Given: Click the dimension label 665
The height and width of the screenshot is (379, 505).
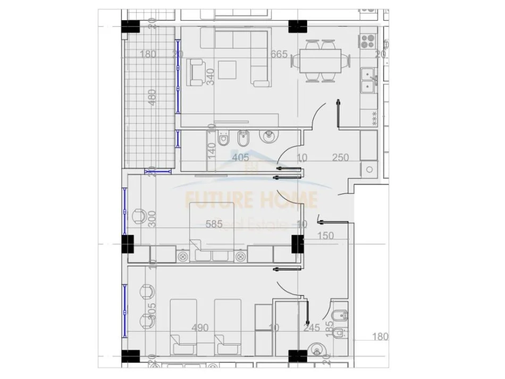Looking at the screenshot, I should [x=279, y=54].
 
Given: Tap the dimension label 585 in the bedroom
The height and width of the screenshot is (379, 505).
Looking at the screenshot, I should [x=215, y=224].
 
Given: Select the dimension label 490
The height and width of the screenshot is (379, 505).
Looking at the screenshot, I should [x=199, y=328].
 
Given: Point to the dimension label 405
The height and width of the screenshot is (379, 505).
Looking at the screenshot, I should [x=240, y=157].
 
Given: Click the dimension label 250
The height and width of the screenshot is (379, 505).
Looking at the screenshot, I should [x=341, y=157].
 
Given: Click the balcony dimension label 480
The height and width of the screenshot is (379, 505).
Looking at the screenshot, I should [x=153, y=97].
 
